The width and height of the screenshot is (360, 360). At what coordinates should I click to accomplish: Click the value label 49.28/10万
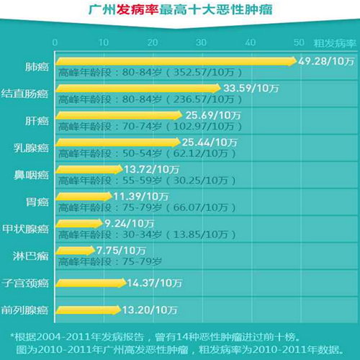click(326, 61)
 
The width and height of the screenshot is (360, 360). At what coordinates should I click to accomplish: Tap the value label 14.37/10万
click(153, 282)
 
